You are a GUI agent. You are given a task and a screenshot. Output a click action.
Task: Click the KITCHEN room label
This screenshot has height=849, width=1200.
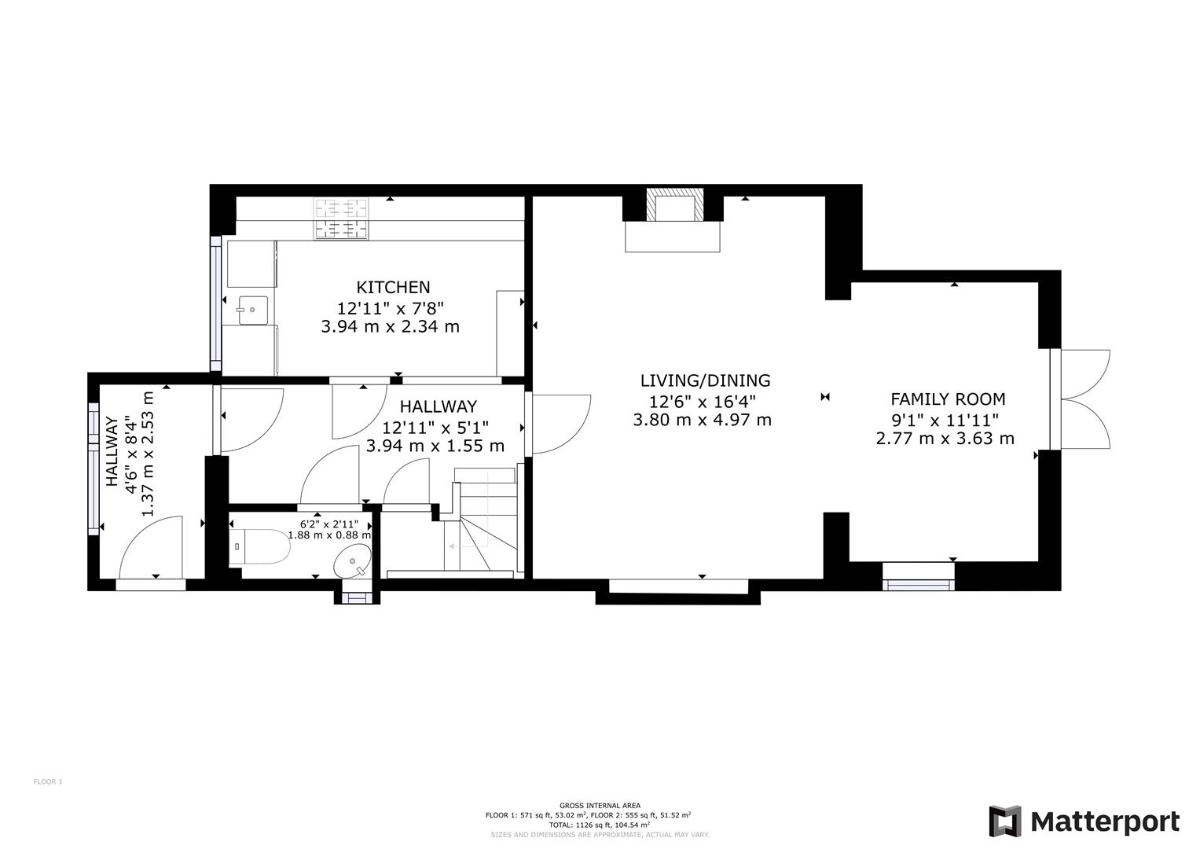[x=393, y=288]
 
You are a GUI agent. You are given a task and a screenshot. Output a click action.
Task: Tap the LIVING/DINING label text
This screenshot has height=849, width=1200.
[x=705, y=380]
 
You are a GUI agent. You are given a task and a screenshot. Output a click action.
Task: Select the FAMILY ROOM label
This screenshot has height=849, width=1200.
[x=947, y=399]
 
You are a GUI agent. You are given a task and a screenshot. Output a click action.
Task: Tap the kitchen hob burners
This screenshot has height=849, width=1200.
[x=342, y=219]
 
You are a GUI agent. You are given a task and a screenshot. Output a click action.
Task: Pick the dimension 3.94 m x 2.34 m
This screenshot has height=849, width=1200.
[x=390, y=326]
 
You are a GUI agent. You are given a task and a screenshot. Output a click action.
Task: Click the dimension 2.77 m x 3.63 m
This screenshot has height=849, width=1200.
[x=945, y=439]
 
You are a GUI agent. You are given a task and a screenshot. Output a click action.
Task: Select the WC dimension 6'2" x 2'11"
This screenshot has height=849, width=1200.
[x=329, y=524]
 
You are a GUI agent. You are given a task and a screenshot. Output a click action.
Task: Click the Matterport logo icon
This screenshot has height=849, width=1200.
[x=1004, y=821]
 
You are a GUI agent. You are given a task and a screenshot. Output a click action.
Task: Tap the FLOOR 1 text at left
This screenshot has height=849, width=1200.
[x=47, y=781]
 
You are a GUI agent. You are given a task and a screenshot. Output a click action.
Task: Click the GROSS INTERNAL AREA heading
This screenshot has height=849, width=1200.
[x=600, y=805]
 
